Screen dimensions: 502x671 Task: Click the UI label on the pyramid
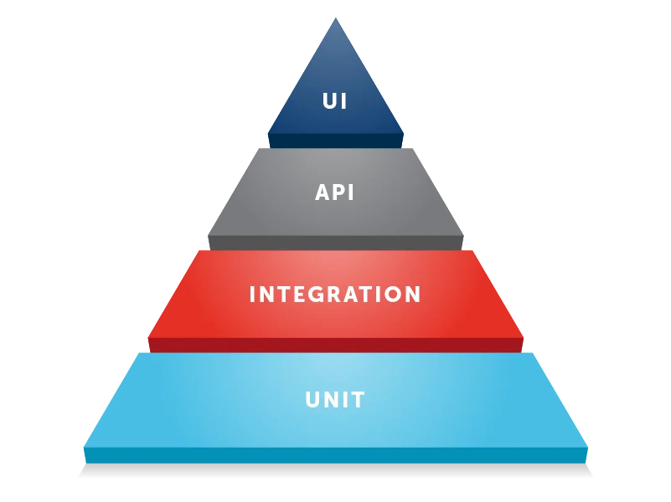point(335,102)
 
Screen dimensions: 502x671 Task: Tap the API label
point(335,192)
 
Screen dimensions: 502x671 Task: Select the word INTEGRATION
point(335,295)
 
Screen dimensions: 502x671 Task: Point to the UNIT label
point(335,400)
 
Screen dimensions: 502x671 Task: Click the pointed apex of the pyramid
point(335,20)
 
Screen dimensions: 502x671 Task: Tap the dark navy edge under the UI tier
point(335,141)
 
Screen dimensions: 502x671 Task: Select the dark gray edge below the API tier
point(335,243)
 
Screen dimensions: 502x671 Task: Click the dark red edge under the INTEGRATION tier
point(335,345)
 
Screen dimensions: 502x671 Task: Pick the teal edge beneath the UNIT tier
point(335,455)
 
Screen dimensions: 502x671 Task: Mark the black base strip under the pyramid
point(335,474)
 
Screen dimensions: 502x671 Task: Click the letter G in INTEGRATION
point(323,295)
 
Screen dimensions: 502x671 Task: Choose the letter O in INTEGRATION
point(393,295)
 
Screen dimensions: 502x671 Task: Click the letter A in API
point(323,192)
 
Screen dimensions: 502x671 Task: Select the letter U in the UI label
point(329,102)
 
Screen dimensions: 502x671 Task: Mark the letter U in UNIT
point(312,400)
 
